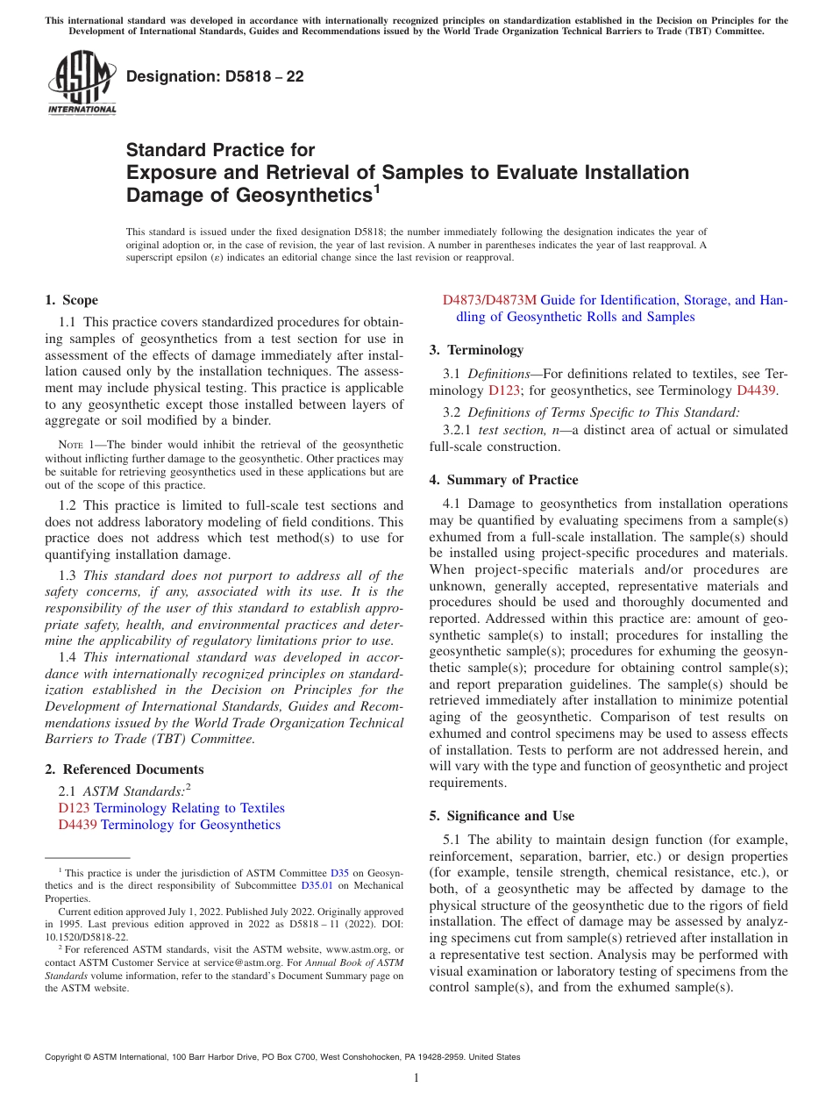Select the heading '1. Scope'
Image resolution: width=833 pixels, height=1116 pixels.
(71, 300)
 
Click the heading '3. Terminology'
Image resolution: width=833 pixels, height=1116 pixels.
(476, 350)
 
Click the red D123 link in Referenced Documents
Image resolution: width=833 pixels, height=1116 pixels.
(74, 808)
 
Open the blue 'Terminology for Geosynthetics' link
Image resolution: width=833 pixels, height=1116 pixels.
(190, 825)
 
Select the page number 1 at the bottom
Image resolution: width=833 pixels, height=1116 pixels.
(416, 1077)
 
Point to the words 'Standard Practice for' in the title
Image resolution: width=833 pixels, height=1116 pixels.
(220, 150)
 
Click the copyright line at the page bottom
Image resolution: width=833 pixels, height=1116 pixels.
(282, 1057)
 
